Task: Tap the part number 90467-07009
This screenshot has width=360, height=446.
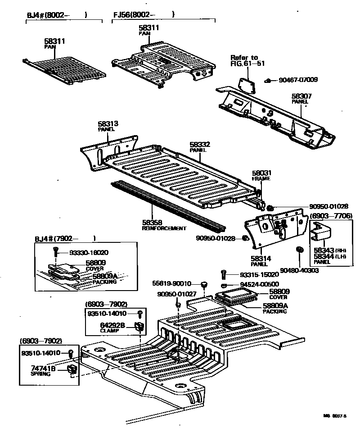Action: coord(298,80)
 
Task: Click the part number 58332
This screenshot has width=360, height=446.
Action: coord(200,145)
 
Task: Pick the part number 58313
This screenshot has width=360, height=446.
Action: coord(108,123)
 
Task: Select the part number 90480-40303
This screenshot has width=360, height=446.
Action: coord(299,270)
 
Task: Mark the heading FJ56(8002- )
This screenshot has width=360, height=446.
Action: coord(144,14)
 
